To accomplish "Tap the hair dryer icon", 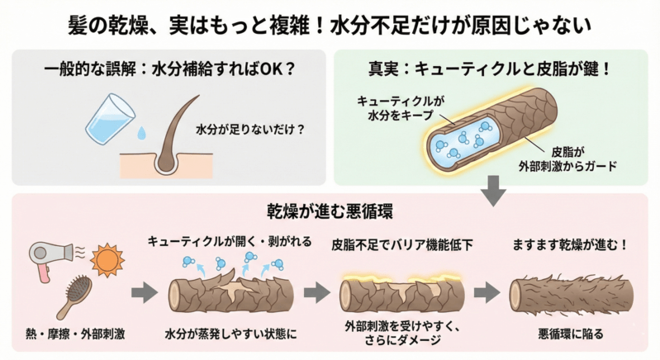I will pos(48,257).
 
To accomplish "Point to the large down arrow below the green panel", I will pos(494,192).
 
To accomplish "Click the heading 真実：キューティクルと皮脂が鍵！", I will pos(494,70).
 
